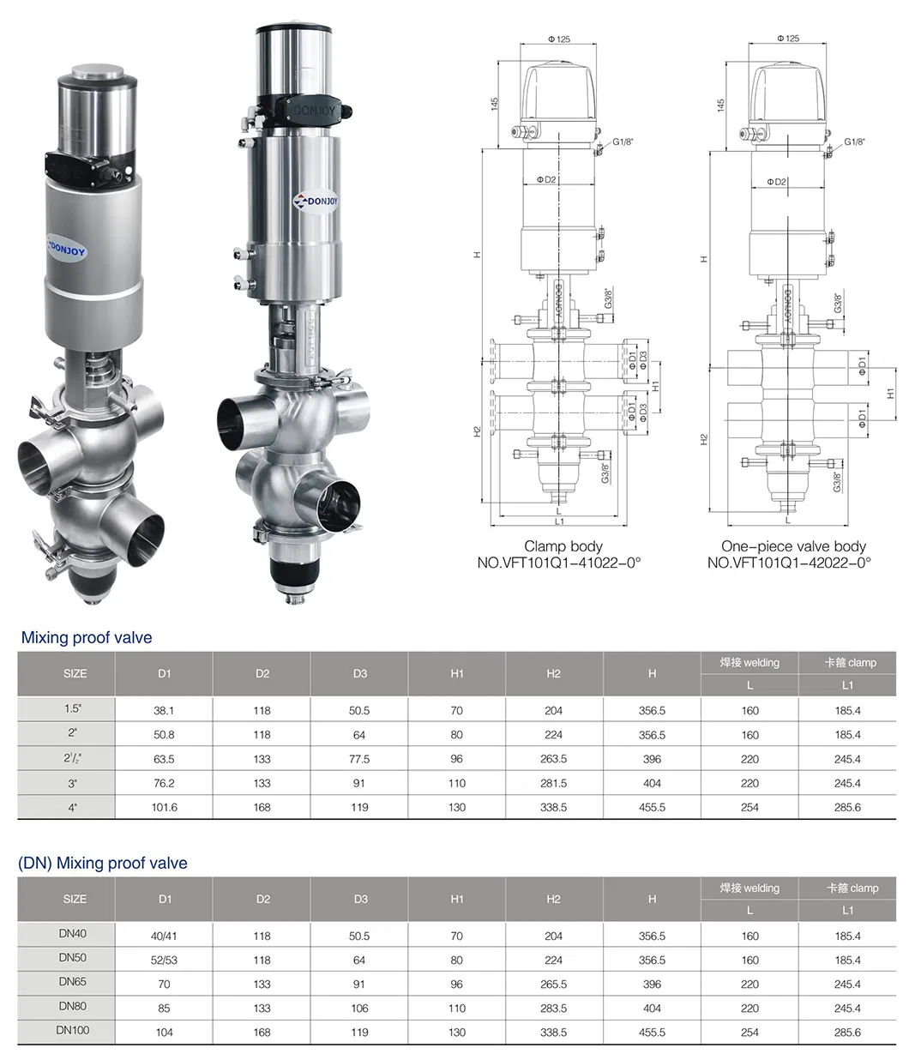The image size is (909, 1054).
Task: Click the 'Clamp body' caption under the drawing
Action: pyautogui.click(x=563, y=546)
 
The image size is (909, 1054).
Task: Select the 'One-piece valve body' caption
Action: pyautogui.click(x=792, y=546)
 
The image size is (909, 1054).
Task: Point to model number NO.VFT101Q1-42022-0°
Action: pyautogui.click(x=789, y=563)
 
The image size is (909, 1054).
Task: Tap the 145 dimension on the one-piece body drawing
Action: pyautogui.click(x=721, y=103)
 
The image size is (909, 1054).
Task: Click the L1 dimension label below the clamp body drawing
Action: pyautogui.click(x=558, y=521)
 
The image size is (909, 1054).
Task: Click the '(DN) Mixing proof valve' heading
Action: pyautogui.click(x=102, y=864)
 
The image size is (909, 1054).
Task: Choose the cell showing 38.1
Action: pyautogui.click(x=165, y=710)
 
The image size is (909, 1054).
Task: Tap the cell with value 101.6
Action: pyautogui.click(x=165, y=807)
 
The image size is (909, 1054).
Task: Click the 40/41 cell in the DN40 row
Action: pyautogui.click(x=165, y=937)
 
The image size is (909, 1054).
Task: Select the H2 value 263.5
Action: pyautogui.click(x=554, y=759)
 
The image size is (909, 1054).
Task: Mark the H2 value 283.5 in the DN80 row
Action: pyautogui.click(x=554, y=1009)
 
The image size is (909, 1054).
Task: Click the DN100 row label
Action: pyautogui.click(x=74, y=1030)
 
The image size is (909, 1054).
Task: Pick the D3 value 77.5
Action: pyautogui.click(x=359, y=759)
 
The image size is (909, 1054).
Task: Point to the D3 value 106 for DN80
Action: pyautogui.click(x=359, y=1009)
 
